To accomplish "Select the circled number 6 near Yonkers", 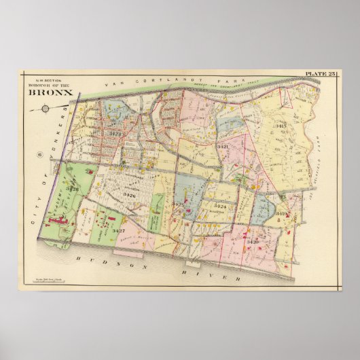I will point(40,156).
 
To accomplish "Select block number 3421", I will point(221,147).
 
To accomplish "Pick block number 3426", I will point(129,196).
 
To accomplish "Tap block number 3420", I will point(252,242).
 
